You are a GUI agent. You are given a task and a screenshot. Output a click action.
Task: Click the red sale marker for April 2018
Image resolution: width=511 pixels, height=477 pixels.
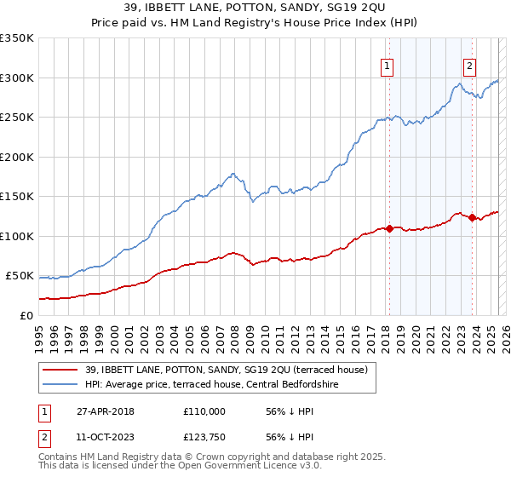click(389, 228)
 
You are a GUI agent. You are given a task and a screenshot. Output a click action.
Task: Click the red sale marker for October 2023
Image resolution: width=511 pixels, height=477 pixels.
click(472, 217)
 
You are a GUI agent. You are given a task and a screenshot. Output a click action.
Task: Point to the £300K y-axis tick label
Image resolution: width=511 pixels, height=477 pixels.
click(17, 78)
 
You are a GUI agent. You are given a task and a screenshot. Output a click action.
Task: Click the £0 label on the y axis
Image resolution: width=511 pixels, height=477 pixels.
click(26, 315)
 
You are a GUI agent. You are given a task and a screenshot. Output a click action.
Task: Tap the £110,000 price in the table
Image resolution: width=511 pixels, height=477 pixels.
click(204, 411)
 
